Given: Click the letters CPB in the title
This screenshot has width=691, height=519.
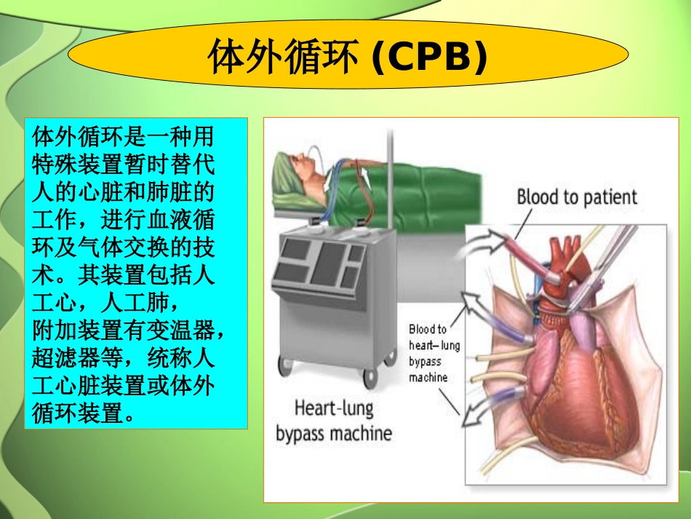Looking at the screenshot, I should click(x=429, y=58).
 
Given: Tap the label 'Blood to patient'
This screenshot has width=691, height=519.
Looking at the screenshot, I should click(x=576, y=197).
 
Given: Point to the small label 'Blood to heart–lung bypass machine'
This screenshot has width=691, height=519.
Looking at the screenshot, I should click(x=434, y=354).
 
